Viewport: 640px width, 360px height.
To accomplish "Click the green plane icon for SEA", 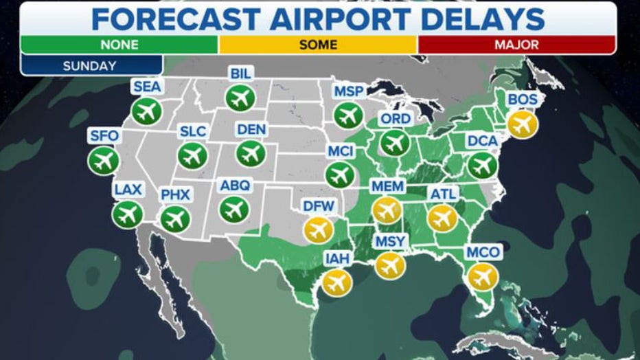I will pos(146,111).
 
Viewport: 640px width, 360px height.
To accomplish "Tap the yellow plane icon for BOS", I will pos(523,124).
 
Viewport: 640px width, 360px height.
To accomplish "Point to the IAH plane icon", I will pos(337,282).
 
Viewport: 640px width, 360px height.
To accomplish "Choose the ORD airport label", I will pos(396,119).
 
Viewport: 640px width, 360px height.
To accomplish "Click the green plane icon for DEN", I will pos(251,153).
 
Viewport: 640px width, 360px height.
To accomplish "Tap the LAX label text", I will pos(128,189).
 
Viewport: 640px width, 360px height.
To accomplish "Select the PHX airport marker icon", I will pos(175,219).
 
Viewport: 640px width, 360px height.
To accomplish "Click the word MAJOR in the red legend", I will pos(516,45).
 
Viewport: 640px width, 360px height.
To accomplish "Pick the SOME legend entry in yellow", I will pos(318,45).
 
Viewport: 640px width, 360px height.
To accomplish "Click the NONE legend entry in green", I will pos(119,45).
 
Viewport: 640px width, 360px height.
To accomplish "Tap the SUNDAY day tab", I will pos(90,66).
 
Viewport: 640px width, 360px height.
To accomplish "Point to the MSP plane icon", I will pos(349,115).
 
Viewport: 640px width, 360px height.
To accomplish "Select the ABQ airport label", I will pos(235,185).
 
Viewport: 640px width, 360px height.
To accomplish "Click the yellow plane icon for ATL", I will pos(442,218).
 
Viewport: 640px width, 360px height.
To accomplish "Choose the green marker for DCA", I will pos(482,165).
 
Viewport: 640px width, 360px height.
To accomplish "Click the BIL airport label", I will pos(241,74).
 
